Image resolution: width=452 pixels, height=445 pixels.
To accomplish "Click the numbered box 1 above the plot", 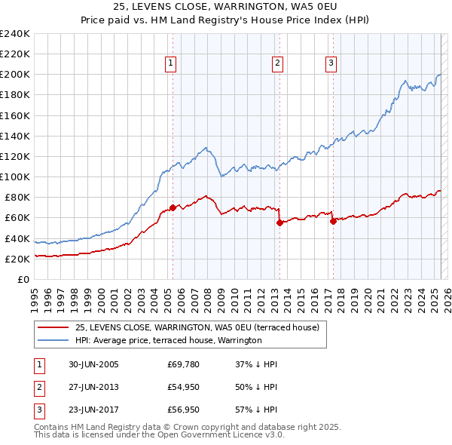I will pyautogui.click(x=172, y=63).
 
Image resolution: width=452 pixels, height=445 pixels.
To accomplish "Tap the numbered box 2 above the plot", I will pyautogui.click(x=278, y=63).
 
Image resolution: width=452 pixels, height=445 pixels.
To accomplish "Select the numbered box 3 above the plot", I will pyautogui.click(x=331, y=63).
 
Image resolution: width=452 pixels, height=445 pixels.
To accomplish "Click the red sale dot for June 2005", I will pyautogui.click(x=173, y=207).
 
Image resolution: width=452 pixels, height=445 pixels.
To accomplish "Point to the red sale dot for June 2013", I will pyautogui.click(x=279, y=222).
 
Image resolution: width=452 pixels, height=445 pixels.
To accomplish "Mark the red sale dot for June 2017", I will pyautogui.click(x=333, y=221).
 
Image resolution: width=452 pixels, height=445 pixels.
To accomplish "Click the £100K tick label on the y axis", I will pyautogui.click(x=14, y=176).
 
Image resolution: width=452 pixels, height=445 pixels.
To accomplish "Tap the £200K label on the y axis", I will pyautogui.click(x=14, y=75).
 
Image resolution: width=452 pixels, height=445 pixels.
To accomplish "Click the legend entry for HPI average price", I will pyautogui.click(x=168, y=341).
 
